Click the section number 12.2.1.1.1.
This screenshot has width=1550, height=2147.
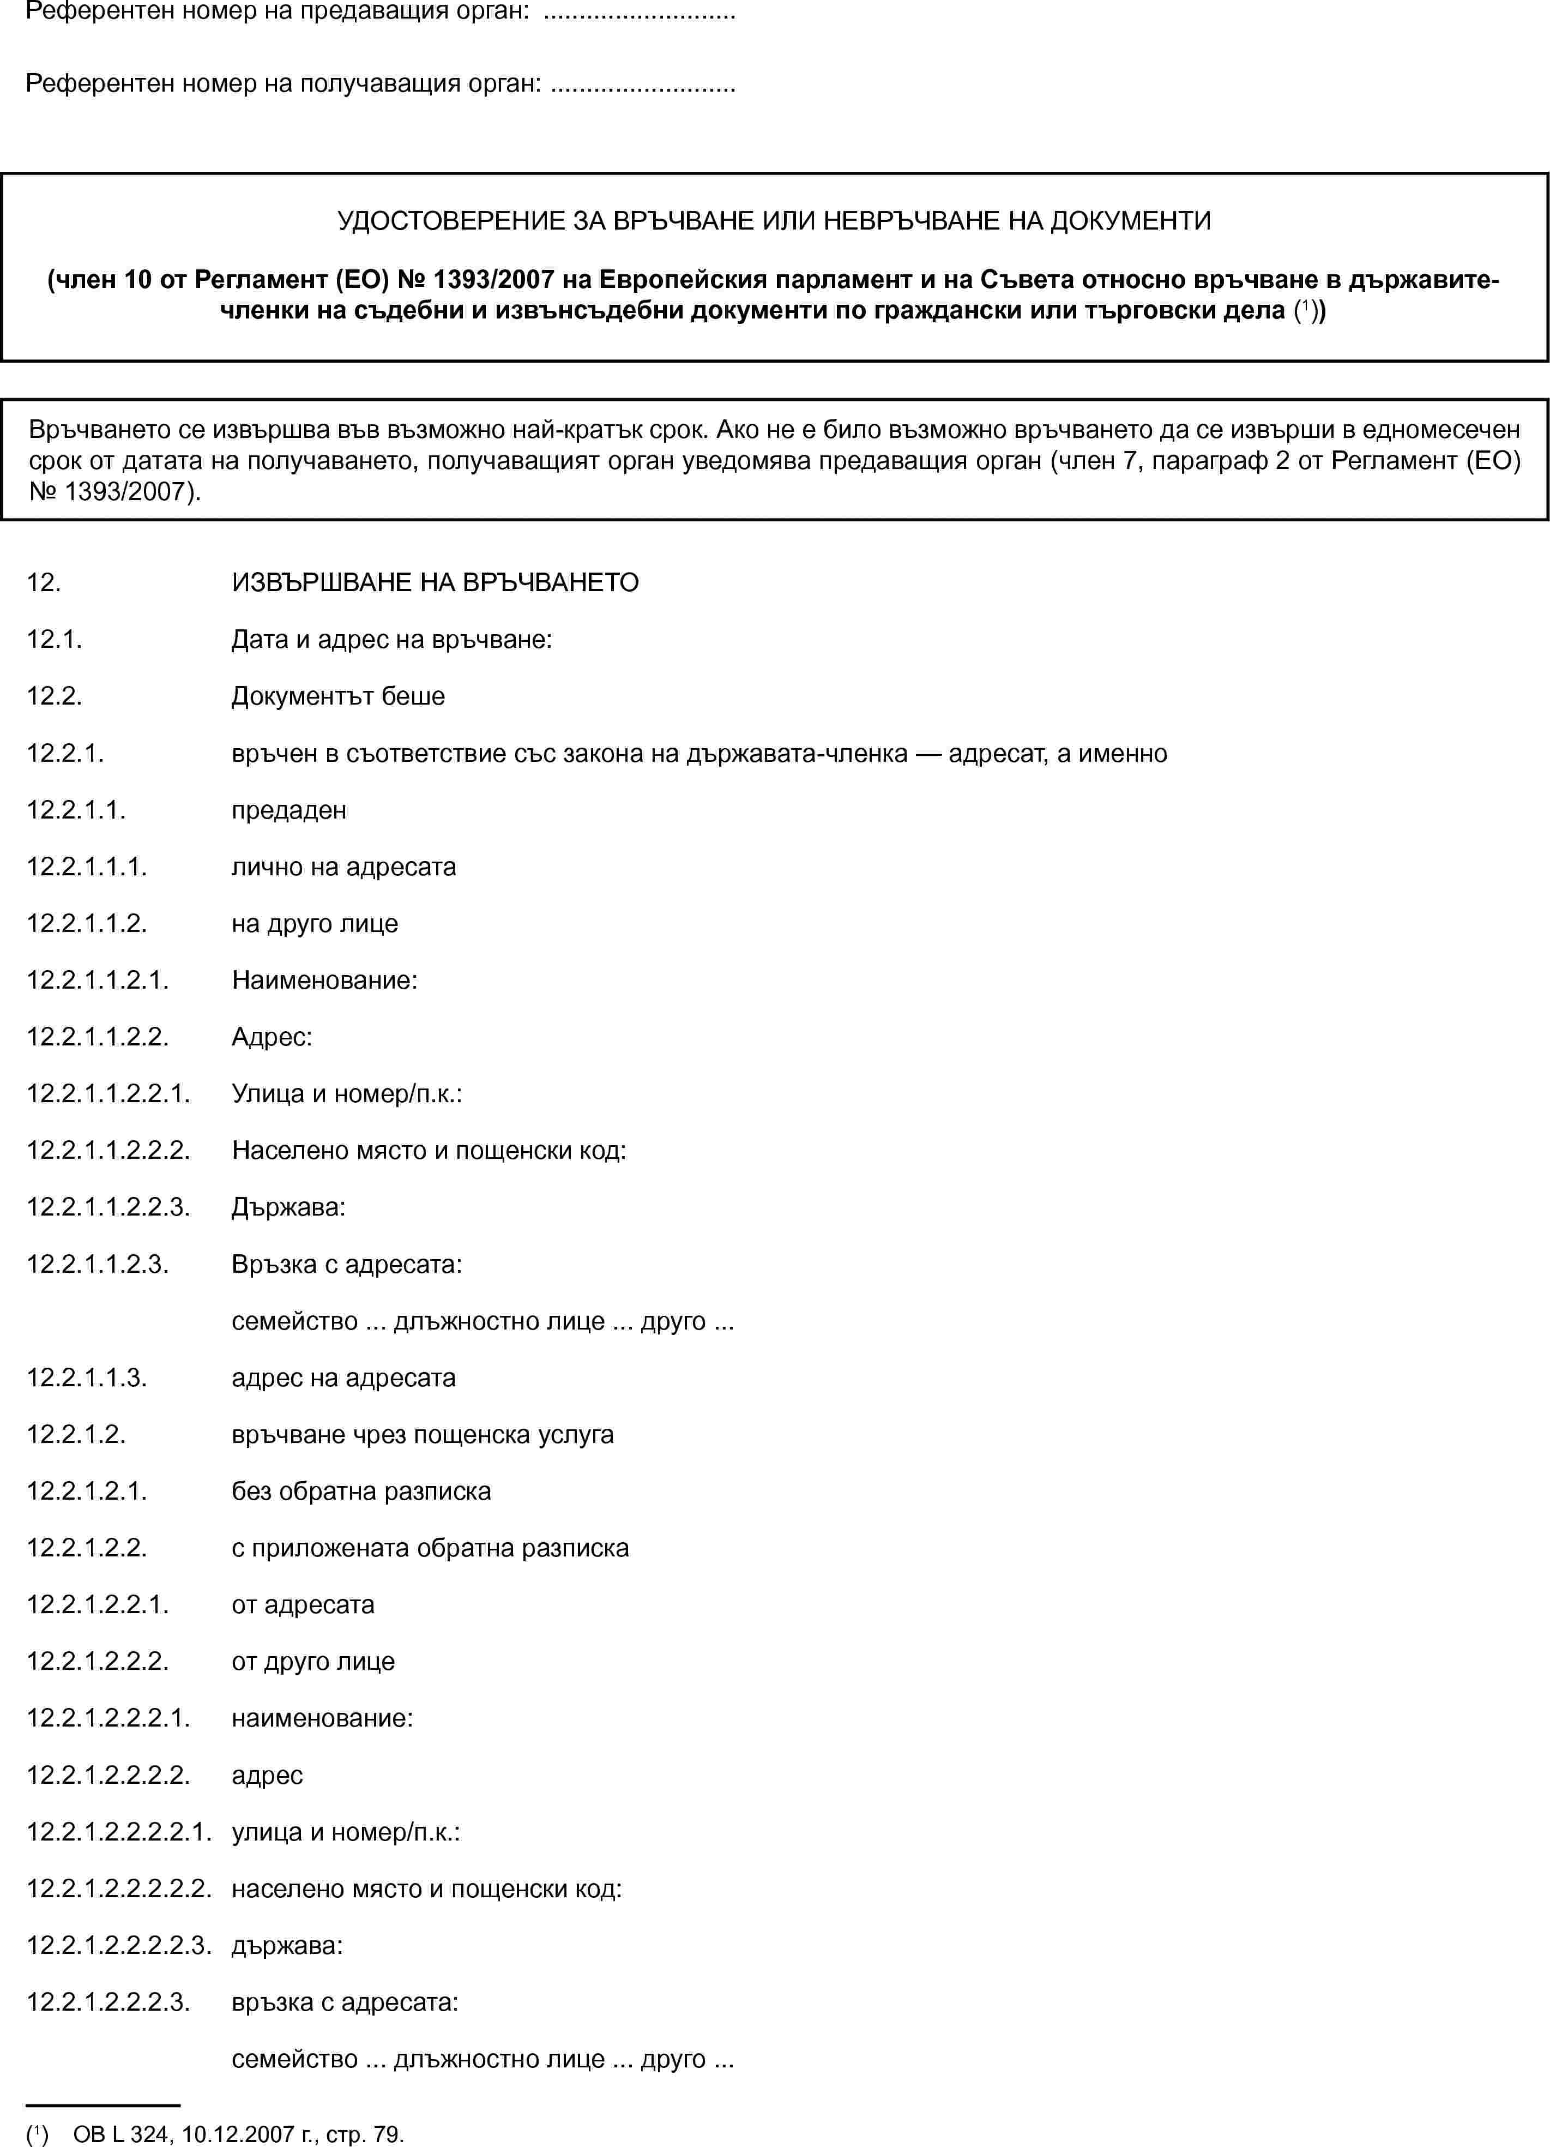[87, 867]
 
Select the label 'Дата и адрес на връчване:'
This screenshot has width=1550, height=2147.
[392, 640]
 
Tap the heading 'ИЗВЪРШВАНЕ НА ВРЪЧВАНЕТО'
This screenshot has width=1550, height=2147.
[435, 582]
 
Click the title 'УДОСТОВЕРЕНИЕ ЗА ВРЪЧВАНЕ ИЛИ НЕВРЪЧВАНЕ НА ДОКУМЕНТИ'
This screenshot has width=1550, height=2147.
[774, 221]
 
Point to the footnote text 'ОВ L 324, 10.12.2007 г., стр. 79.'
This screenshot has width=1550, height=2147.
[238, 2134]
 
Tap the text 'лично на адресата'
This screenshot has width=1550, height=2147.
[343, 867]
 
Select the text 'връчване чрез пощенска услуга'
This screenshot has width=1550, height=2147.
[422, 1434]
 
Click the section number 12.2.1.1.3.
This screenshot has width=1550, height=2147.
[87, 1378]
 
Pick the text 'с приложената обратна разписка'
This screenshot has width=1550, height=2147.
[430, 1548]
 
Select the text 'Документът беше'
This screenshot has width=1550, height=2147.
[338, 697]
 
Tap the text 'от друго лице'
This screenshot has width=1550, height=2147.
[313, 1661]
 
